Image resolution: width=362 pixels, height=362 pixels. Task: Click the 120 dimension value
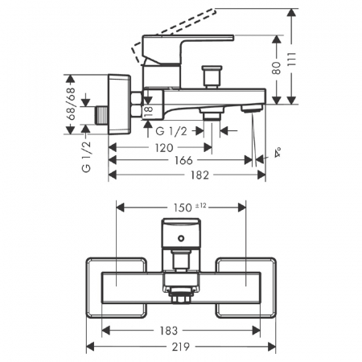(164, 148)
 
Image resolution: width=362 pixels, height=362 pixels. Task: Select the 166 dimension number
(183, 160)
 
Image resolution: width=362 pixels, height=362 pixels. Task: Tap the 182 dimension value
(200, 175)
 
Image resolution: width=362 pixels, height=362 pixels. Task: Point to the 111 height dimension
(292, 60)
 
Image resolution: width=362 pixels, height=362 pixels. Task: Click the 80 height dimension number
(276, 68)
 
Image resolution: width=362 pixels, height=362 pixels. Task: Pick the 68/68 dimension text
(71, 104)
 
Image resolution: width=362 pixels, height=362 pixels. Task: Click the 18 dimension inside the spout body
(148, 111)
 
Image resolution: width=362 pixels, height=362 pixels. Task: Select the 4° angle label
(278, 152)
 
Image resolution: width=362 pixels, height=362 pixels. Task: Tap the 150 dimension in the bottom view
(183, 208)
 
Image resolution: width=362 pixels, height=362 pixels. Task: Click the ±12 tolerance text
(201, 205)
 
